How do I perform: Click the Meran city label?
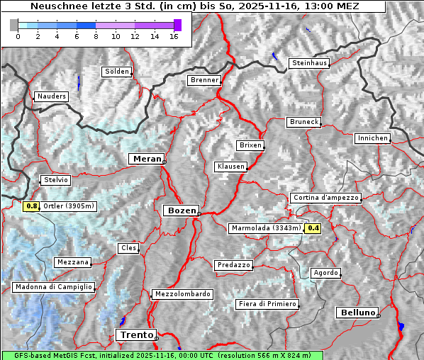coord(147,159)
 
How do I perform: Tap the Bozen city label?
coord(181,210)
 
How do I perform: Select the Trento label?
coord(135,335)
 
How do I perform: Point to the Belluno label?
coord(358,312)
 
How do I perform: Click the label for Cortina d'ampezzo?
coord(325,198)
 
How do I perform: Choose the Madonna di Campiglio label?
coord(53,287)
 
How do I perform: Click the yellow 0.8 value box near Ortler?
coord(31,206)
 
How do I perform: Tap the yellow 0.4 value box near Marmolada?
coord(313,228)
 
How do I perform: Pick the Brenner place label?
coord(204,80)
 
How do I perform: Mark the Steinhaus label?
coord(310,63)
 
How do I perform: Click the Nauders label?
coord(51,96)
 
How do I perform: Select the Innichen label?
coord(372,138)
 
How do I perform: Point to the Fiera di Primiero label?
coord(267,304)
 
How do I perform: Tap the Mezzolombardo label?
coord(182,293)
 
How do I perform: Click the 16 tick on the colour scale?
coord(174,35)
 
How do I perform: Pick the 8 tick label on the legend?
coord(95,35)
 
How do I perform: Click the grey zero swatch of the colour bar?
coord(14,25)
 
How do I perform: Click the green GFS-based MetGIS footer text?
coord(162,355)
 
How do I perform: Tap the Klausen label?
coord(230,167)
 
